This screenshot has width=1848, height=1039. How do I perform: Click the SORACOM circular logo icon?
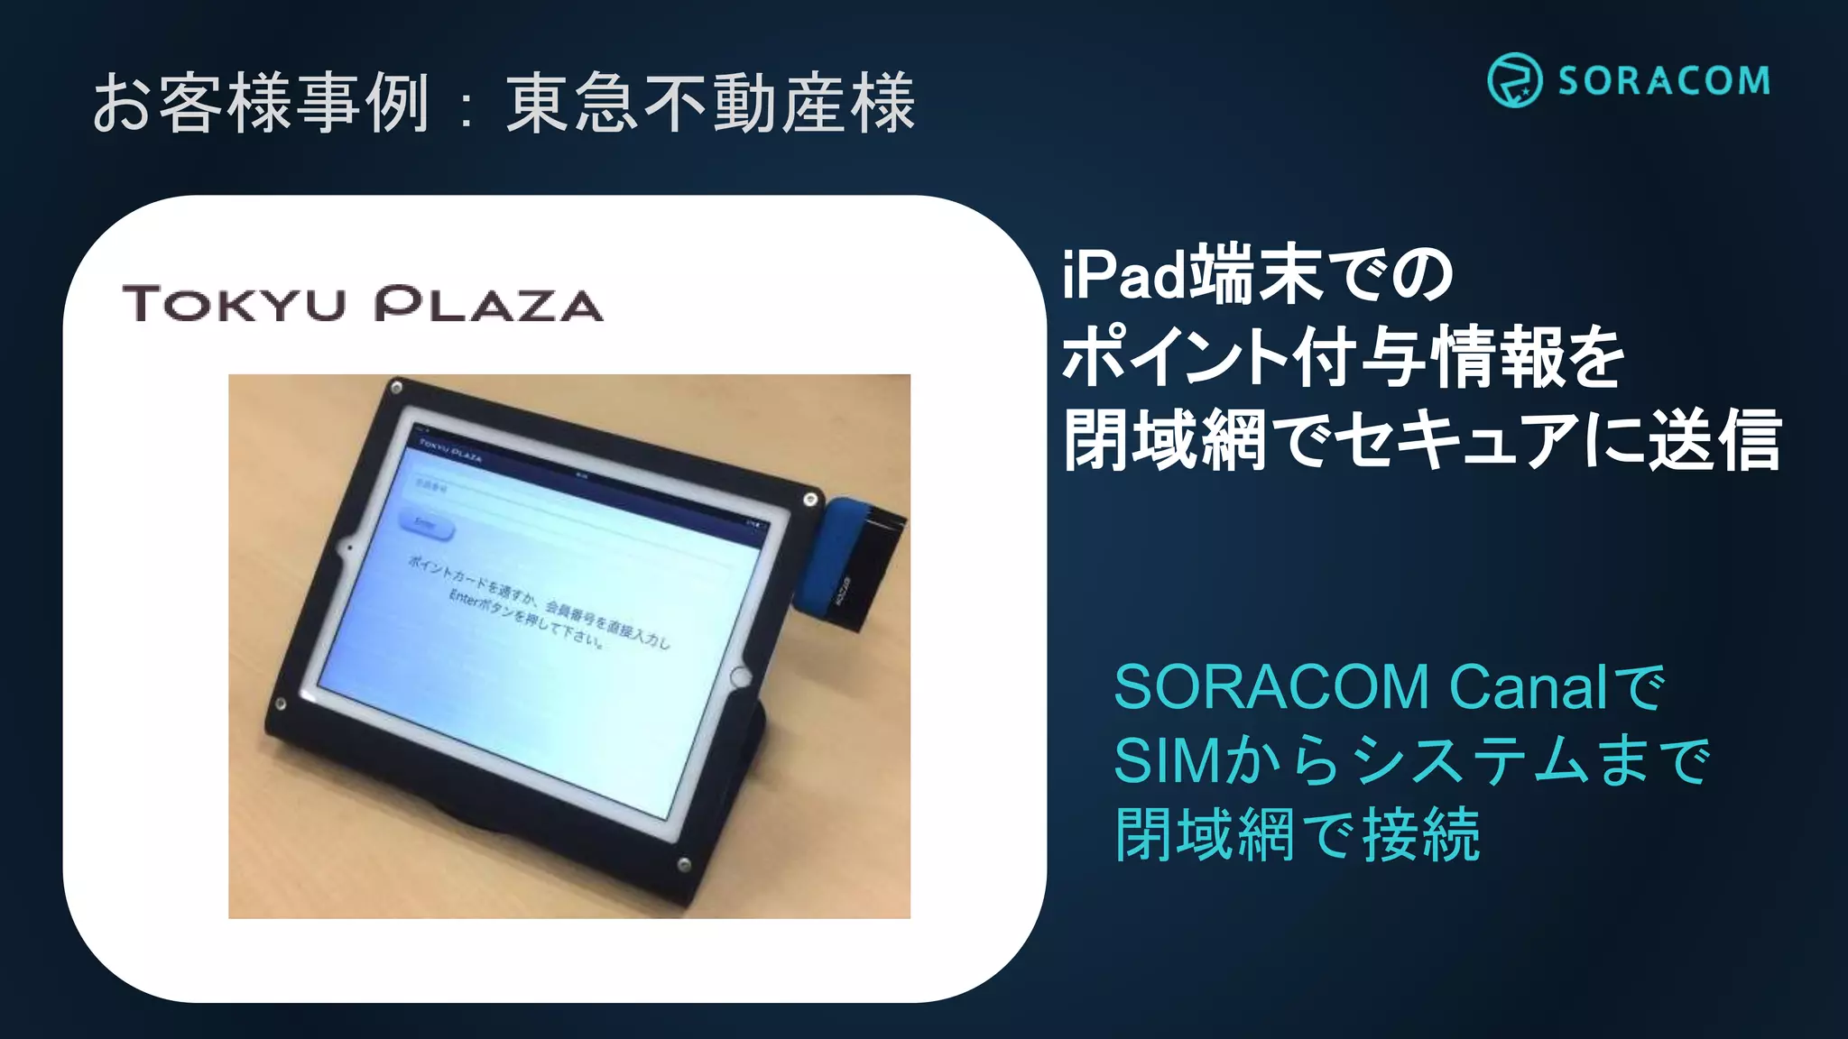[1514, 80]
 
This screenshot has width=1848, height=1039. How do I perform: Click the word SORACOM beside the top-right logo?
[1664, 81]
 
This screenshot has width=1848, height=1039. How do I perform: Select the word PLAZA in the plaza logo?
[488, 304]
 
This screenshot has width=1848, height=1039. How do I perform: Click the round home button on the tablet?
[740, 676]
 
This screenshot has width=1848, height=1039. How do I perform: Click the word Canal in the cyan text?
[1529, 687]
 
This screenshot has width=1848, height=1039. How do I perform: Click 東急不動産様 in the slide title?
[711, 103]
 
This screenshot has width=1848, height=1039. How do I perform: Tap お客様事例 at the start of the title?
[262, 103]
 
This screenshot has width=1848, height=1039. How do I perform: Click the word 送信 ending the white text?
[1714, 440]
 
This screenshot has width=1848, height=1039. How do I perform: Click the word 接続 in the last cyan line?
[1421, 833]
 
